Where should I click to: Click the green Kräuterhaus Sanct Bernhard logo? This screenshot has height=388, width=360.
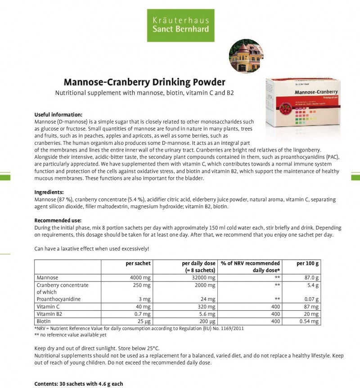(180, 25)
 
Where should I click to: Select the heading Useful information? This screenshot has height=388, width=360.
(58, 115)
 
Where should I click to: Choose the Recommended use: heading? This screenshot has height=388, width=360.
(58, 220)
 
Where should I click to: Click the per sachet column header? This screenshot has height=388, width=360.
(138, 263)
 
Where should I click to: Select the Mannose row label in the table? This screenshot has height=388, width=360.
(47, 278)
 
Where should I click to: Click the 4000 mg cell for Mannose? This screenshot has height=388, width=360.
(139, 278)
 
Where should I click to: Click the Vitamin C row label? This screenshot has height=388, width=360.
(48, 307)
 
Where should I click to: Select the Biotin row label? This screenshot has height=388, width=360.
(44, 321)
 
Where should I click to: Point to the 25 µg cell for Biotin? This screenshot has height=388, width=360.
(144, 321)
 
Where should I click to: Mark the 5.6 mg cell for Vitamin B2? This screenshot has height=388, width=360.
(207, 314)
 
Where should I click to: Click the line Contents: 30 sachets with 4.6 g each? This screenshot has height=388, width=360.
(78, 384)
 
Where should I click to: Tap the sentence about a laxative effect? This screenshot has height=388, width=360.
(91, 249)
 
